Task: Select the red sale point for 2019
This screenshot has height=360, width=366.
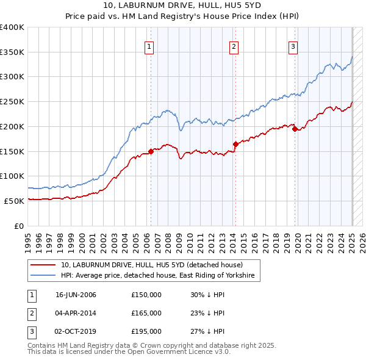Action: click(x=295, y=129)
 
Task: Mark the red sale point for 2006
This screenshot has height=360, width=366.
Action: click(x=151, y=151)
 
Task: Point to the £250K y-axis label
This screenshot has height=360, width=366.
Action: click(x=12, y=101)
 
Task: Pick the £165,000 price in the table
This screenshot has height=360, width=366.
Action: click(x=146, y=313)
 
